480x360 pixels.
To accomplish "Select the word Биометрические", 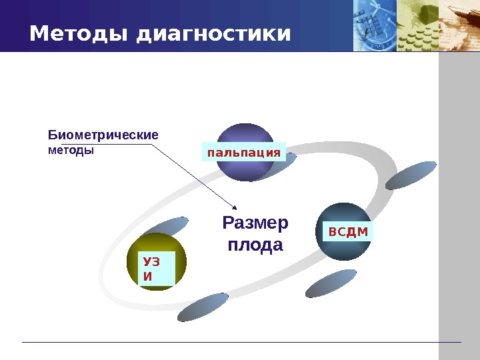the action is click(103, 135).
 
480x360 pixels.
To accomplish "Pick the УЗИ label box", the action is click(157, 269).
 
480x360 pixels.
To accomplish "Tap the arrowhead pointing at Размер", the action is click(233, 206).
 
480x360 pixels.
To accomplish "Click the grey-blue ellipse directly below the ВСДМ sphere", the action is click(331, 283).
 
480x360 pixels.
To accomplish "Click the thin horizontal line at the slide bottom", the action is click(240, 342).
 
